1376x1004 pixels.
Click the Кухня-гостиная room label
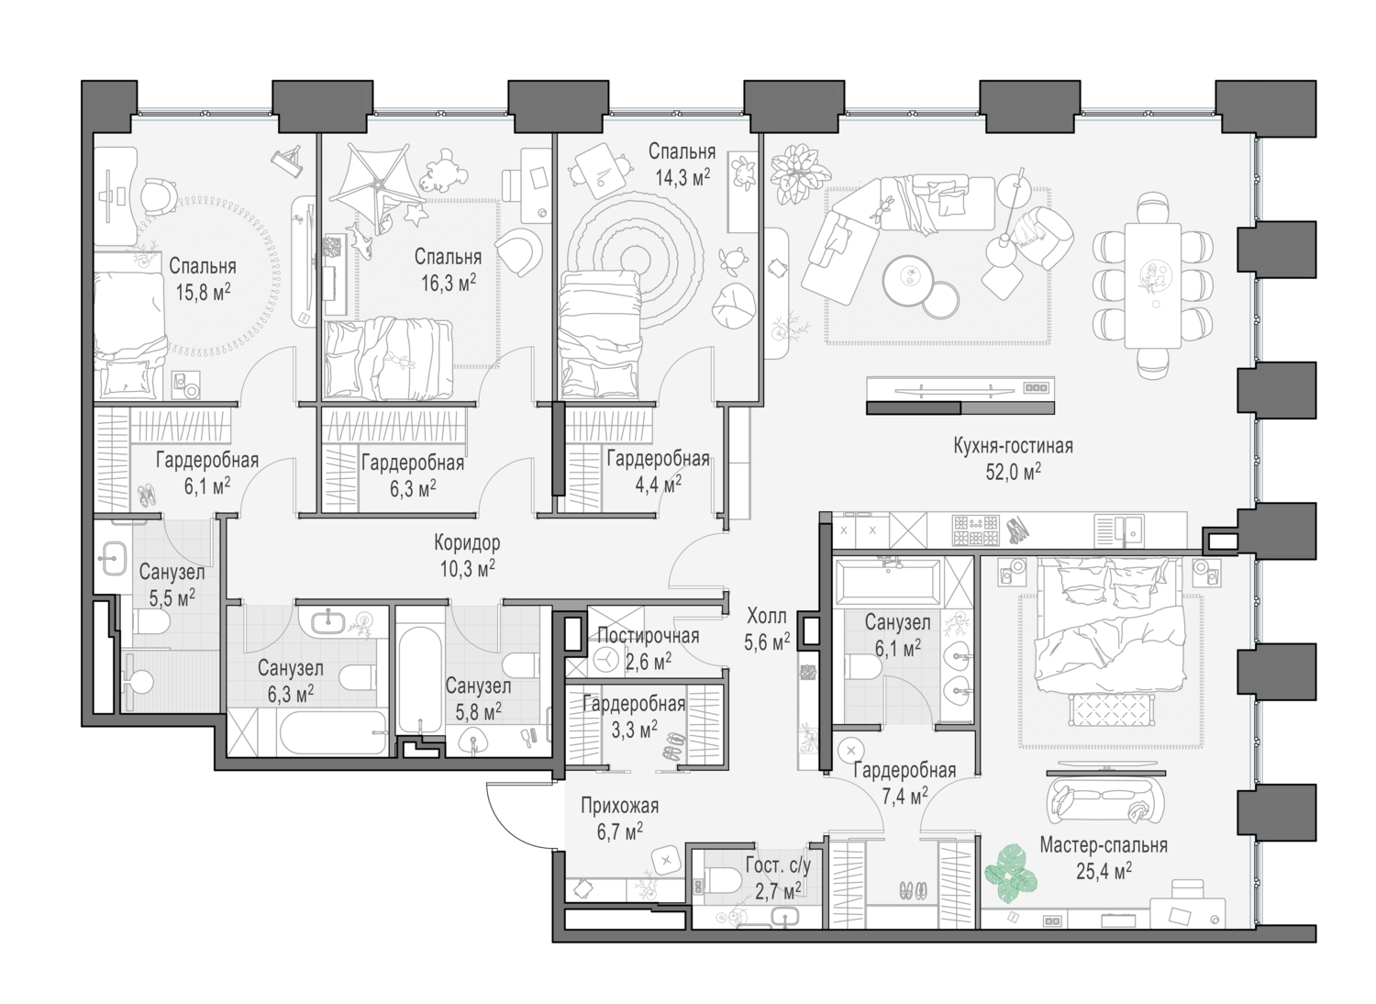click(x=1013, y=447)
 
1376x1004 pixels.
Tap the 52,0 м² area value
click(x=1013, y=473)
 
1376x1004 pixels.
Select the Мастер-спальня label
click(x=1104, y=845)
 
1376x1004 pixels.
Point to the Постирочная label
click(x=648, y=636)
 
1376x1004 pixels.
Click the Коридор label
click(x=467, y=543)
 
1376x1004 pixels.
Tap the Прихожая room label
click(x=619, y=807)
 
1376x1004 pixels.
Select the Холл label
click(x=766, y=617)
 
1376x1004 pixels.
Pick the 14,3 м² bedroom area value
click(x=682, y=177)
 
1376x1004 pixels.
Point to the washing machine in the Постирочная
click(x=606, y=659)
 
